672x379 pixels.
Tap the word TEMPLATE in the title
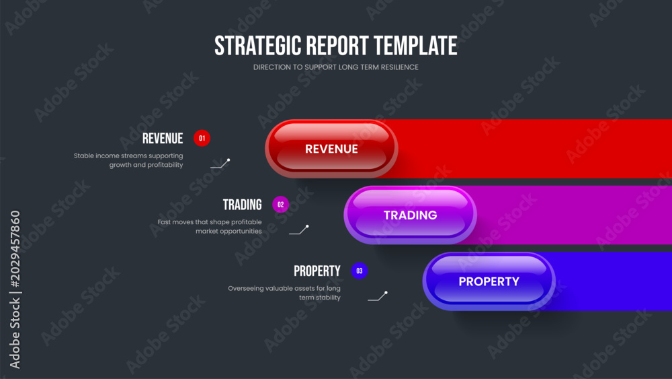point(415,46)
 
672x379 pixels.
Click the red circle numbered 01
point(202,138)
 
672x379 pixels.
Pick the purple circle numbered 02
point(281,205)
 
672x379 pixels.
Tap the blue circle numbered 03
point(359,271)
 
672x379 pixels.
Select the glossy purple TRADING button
point(410,215)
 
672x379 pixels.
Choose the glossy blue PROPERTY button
point(489,281)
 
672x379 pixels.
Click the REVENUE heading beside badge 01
point(163,139)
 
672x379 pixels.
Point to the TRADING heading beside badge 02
point(242,205)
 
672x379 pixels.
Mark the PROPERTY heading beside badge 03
point(317,271)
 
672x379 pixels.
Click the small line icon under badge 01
point(220,164)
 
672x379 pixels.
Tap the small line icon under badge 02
point(299,230)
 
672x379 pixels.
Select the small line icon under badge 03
point(378,296)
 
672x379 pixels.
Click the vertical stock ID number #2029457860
point(15,249)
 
